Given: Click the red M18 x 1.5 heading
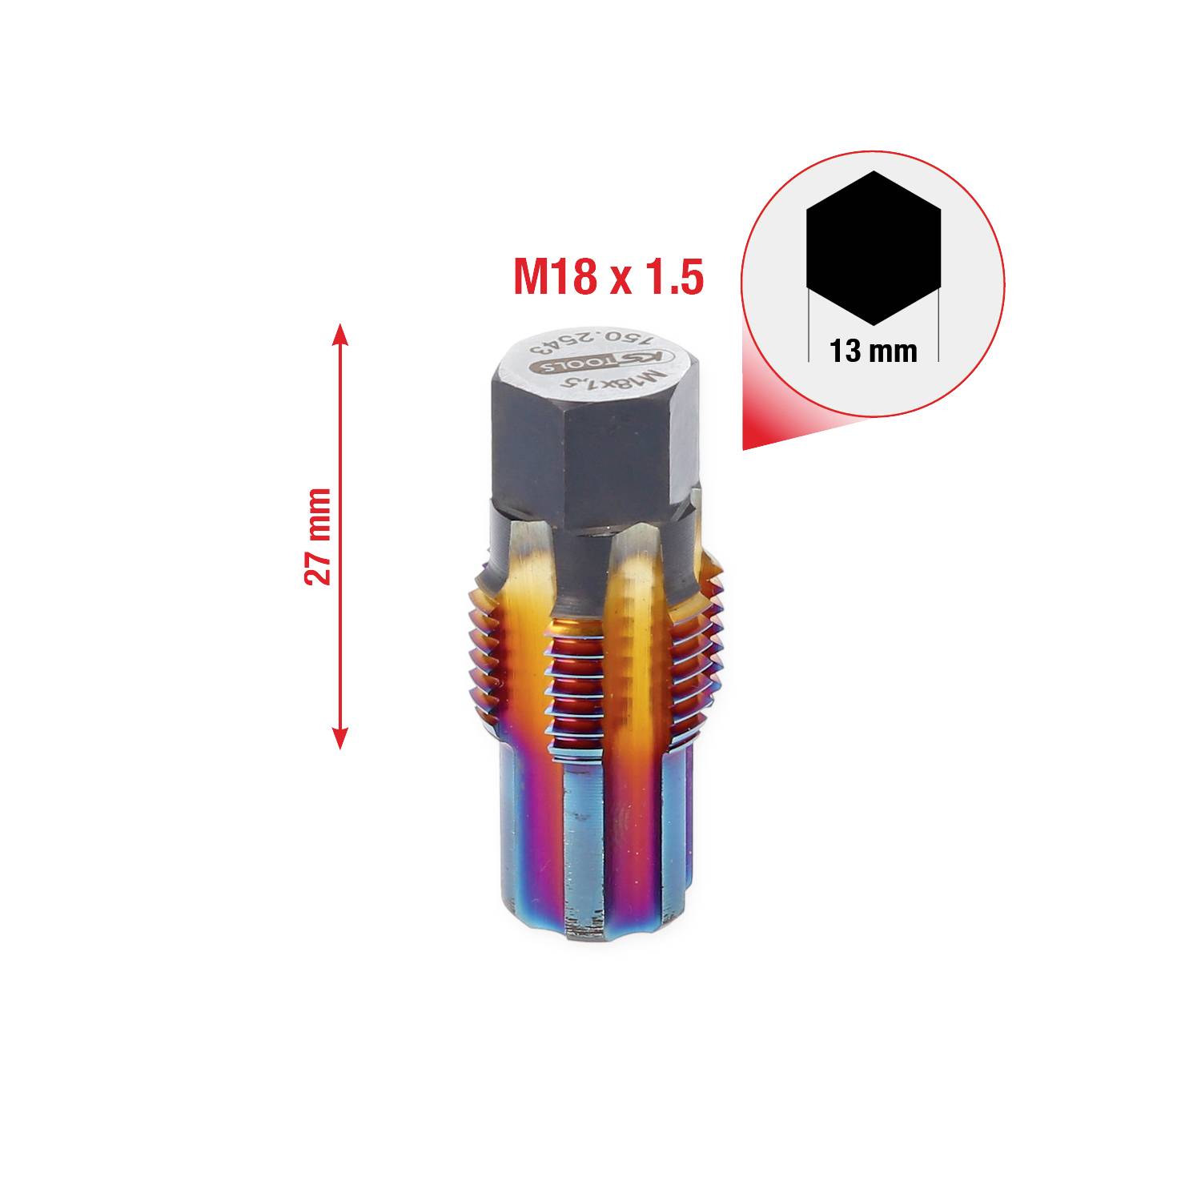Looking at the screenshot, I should click(x=608, y=275).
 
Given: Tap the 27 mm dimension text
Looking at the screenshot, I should click(x=318, y=536).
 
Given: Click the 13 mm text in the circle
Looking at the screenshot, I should click(x=873, y=351).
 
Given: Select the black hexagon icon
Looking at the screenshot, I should click(x=873, y=247).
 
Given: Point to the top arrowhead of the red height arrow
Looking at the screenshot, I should click(x=339, y=332).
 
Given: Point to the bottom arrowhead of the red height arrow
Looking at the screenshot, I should click(x=339, y=740).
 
